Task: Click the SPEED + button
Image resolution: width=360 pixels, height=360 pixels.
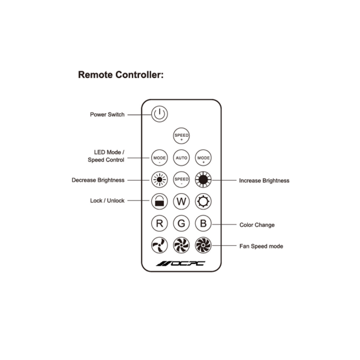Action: [181, 136]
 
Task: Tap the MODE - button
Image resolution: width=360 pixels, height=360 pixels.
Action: [159, 158]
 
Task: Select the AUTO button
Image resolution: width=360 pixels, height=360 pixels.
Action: [181, 158]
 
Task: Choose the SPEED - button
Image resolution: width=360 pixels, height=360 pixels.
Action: [181, 179]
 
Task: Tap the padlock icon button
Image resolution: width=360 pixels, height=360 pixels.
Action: [159, 201]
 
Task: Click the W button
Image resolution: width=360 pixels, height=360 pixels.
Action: [181, 201]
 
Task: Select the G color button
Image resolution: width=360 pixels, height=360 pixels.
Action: [181, 224]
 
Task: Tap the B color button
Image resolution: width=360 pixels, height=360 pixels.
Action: [203, 224]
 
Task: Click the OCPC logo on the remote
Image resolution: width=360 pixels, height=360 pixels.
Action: [181, 265]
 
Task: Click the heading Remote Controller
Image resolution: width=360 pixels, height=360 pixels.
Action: [121, 76]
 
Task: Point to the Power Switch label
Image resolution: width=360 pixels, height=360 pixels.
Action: [107, 115]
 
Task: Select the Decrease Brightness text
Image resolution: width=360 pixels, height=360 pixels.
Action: [98, 179]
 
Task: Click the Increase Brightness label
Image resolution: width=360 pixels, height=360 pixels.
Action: [264, 180]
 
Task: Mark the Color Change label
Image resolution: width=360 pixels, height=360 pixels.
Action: [257, 225]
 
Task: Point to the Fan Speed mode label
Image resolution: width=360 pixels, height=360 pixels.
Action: [261, 246]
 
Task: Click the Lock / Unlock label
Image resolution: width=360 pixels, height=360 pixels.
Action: [107, 201]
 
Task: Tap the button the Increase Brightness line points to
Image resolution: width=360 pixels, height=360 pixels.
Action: [203, 179]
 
